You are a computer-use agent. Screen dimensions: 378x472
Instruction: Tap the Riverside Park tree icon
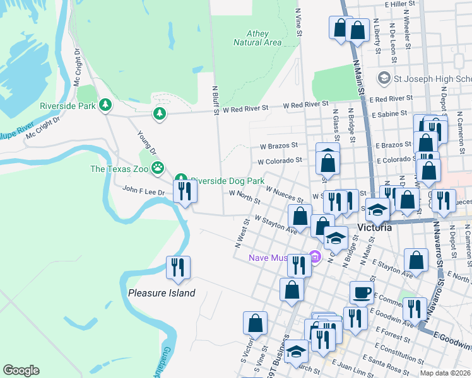(x=107, y=105)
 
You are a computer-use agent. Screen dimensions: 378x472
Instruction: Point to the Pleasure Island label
(x=162, y=293)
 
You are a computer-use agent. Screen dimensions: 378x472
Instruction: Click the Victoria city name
(x=375, y=227)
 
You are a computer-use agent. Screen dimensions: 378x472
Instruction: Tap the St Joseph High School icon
(x=383, y=79)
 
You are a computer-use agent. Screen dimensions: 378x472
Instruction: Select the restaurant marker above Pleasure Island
(x=177, y=267)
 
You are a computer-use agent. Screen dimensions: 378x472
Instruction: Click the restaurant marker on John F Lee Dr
(x=184, y=191)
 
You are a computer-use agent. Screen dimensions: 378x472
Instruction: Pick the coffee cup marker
(x=362, y=292)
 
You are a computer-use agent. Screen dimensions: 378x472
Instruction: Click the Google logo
(x=21, y=370)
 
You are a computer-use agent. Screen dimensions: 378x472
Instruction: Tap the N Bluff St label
(x=215, y=101)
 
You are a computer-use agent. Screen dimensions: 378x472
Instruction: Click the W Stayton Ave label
(x=276, y=225)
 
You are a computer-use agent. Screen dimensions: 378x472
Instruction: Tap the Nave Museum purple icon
(x=316, y=257)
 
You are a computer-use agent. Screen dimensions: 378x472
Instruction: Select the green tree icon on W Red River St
(x=160, y=113)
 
